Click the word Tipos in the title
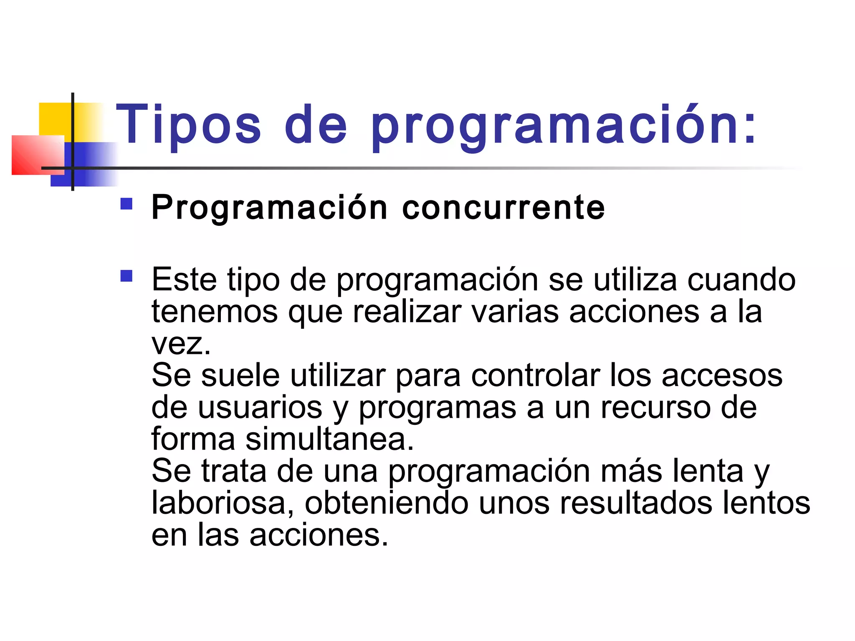(x=189, y=124)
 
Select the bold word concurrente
(x=503, y=207)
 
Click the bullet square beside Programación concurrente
(x=126, y=204)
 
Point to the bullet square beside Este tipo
(x=126, y=276)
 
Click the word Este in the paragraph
(x=184, y=279)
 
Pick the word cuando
(x=741, y=279)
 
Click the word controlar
(x=536, y=375)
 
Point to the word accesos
(x=722, y=375)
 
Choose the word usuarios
(x=260, y=407)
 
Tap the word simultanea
(x=330, y=439)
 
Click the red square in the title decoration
(x=33, y=155)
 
